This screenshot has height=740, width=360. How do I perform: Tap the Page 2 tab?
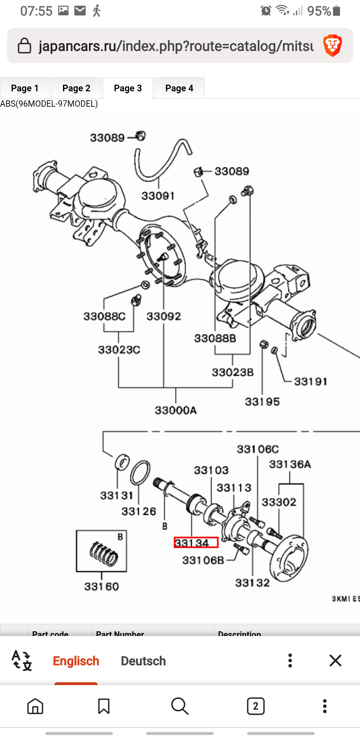[76, 88]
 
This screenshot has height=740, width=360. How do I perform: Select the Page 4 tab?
[179, 88]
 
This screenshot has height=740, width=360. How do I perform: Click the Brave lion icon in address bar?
[332, 45]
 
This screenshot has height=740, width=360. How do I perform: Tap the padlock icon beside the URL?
[24, 46]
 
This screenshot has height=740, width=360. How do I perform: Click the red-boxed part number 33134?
[196, 543]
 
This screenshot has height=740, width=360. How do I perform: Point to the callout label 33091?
[158, 196]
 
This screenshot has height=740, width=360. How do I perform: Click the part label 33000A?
[176, 410]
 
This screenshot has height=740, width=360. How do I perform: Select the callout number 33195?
[262, 402]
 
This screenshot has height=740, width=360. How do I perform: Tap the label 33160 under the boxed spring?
[101, 586]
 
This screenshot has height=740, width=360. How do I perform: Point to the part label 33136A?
[290, 464]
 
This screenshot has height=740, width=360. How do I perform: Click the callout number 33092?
[164, 316]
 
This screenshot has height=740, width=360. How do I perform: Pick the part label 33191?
[311, 381]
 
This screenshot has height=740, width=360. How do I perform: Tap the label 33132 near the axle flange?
[252, 583]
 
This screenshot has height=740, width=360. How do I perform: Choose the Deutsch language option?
[143, 661]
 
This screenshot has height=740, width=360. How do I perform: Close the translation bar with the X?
[335, 660]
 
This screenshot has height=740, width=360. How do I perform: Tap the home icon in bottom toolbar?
[35, 706]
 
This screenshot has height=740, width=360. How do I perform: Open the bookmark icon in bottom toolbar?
[104, 706]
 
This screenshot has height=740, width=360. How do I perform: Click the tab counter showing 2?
[256, 706]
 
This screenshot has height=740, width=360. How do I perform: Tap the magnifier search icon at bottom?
[180, 706]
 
